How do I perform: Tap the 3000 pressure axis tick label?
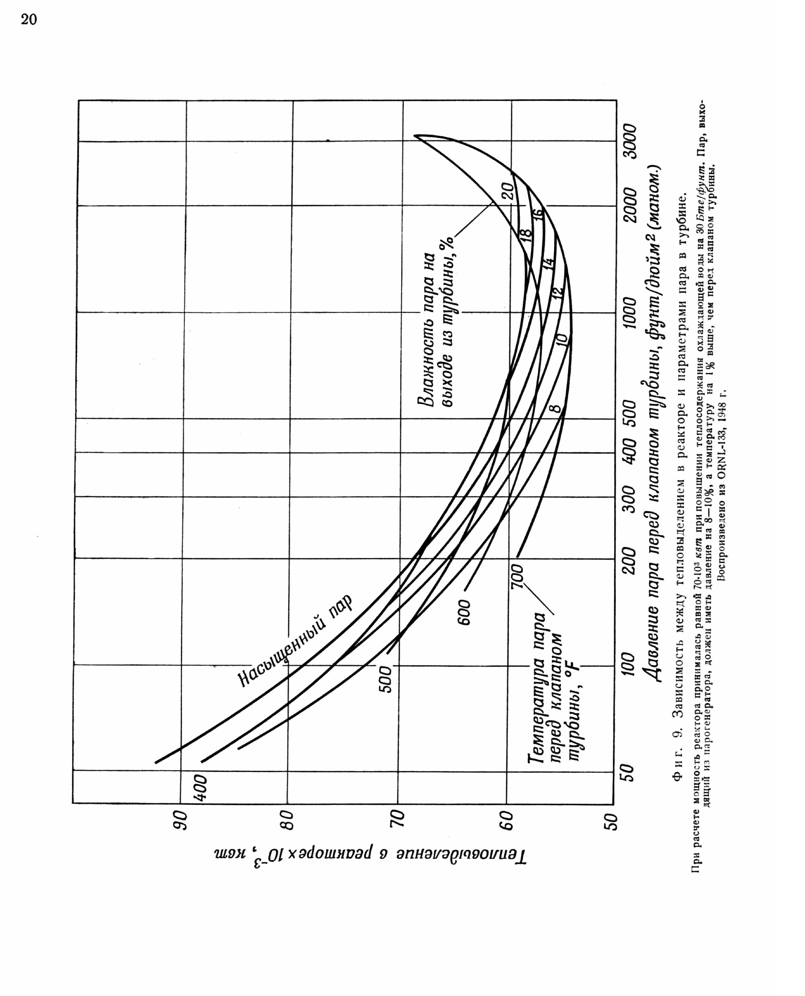(x=631, y=142)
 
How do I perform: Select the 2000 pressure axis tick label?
(x=631, y=205)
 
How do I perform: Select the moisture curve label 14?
(x=548, y=264)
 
